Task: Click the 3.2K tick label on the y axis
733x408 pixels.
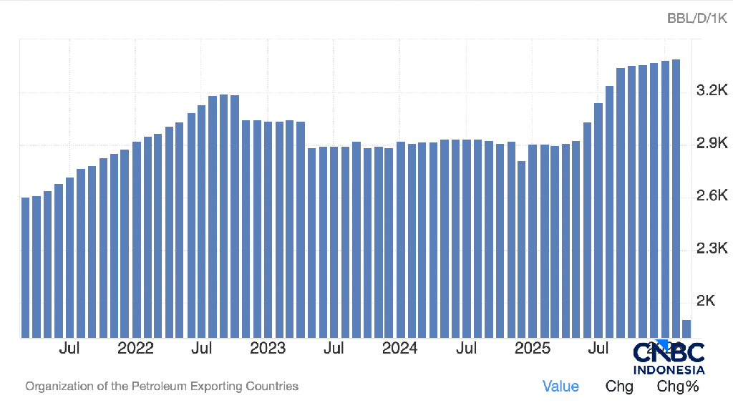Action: click(x=712, y=91)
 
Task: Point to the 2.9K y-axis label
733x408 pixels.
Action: click(x=712, y=144)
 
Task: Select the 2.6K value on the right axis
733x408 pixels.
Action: click(x=712, y=196)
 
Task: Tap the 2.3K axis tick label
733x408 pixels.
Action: click(x=712, y=249)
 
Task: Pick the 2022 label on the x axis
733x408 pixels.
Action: click(x=135, y=349)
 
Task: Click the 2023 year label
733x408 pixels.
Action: click(x=268, y=349)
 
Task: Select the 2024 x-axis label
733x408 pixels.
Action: click(x=399, y=349)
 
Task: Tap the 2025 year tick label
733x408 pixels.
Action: click(x=532, y=349)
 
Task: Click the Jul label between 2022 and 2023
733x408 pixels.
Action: click(x=201, y=349)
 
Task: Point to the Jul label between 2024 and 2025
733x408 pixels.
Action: click(x=466, y=349)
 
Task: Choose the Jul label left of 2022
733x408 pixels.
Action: click(x=69, y=349)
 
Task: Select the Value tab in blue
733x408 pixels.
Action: click(x=560, y=387)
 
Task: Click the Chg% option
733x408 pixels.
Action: click(x=677, y=387)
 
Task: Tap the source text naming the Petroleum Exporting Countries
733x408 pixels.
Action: click(x=162, y=387)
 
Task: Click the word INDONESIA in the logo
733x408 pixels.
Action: click(x=669, y=370)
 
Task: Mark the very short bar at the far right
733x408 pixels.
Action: click(x=686, y=329)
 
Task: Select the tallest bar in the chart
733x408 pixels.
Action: click(x=676, y=198)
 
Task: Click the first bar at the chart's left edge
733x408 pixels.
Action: click(x=26, y=267)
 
